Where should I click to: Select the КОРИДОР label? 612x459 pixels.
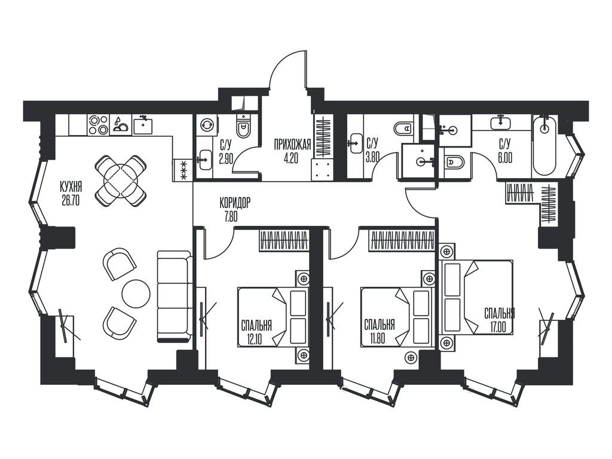234,203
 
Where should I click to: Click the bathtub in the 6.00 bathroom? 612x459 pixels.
545,145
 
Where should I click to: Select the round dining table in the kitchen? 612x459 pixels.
121,180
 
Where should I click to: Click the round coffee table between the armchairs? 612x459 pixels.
136,293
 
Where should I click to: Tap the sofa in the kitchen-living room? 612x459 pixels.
175,296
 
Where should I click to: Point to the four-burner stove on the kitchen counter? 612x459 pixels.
99,125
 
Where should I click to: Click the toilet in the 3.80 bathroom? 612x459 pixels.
405,128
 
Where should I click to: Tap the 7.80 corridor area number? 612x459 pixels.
231,217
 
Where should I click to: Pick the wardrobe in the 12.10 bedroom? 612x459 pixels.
284,240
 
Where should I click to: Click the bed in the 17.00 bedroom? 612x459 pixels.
476,298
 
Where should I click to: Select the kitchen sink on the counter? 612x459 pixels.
143,125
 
